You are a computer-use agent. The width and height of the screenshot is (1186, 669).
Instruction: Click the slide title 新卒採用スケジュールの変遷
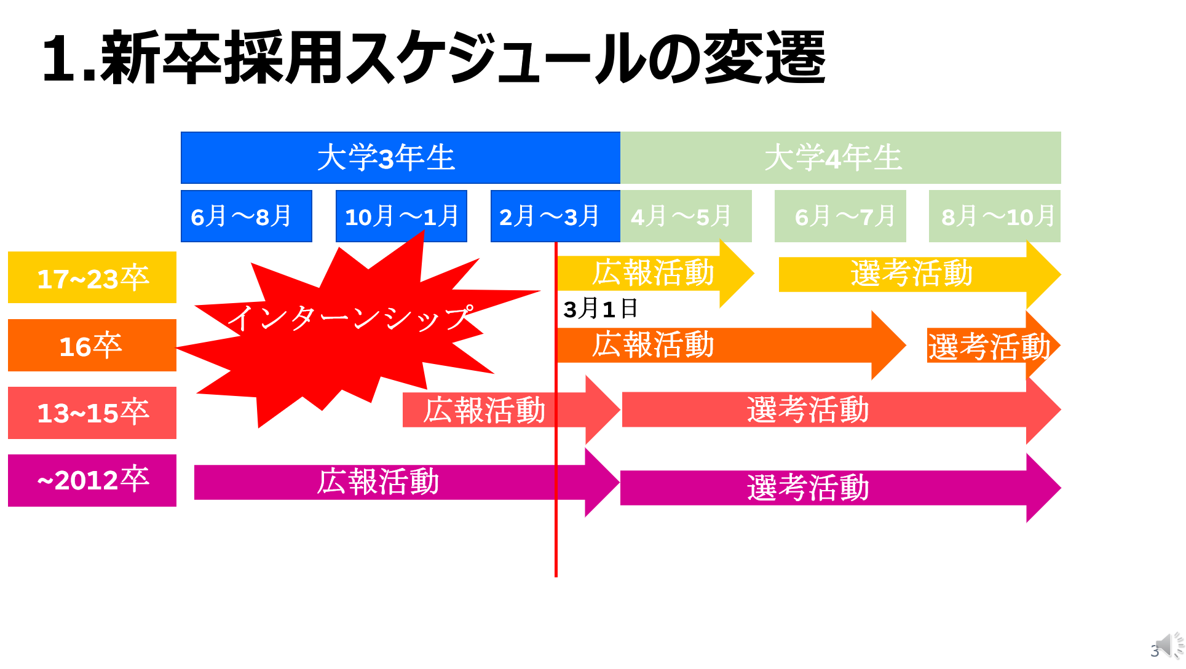(x=434, y=58)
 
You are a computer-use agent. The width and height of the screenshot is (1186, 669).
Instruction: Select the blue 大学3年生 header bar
(x=400, y=157)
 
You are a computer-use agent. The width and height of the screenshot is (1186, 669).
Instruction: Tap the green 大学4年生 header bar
(x=840, y=157)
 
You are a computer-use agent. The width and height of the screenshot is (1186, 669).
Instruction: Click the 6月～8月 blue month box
(x=247, y=216)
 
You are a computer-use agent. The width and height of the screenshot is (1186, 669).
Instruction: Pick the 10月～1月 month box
(x=401, y=216)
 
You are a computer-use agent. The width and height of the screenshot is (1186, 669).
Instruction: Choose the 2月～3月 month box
(x=556, y=216)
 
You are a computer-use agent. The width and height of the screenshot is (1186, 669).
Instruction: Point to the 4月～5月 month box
(x=686, y=216)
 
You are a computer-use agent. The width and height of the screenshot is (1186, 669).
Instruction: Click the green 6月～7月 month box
(x=840, y=216)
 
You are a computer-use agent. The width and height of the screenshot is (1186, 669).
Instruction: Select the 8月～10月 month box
(x=995, y=216)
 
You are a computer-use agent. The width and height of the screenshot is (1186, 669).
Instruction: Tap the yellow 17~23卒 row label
(x=92, y=277)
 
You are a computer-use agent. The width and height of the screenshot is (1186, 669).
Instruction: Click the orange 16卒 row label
(x=92, y=345)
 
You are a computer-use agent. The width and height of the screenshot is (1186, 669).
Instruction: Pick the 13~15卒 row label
(x=92, y=413)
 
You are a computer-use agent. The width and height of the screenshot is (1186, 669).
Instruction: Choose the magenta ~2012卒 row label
(x=92, y=480)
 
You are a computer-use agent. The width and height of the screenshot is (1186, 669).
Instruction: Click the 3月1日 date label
(x=601, y=309)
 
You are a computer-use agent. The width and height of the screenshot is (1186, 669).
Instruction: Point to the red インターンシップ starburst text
(x=350, y=318)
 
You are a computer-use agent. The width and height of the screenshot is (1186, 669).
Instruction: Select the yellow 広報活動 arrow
(x=655, y=274)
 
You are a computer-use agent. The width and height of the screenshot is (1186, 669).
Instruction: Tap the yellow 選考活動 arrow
(x=920, y=274)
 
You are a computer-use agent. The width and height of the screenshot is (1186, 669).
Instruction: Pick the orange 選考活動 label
(x=989, y=346)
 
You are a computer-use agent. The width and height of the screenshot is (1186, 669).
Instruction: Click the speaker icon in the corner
(x=1169, y=646)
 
